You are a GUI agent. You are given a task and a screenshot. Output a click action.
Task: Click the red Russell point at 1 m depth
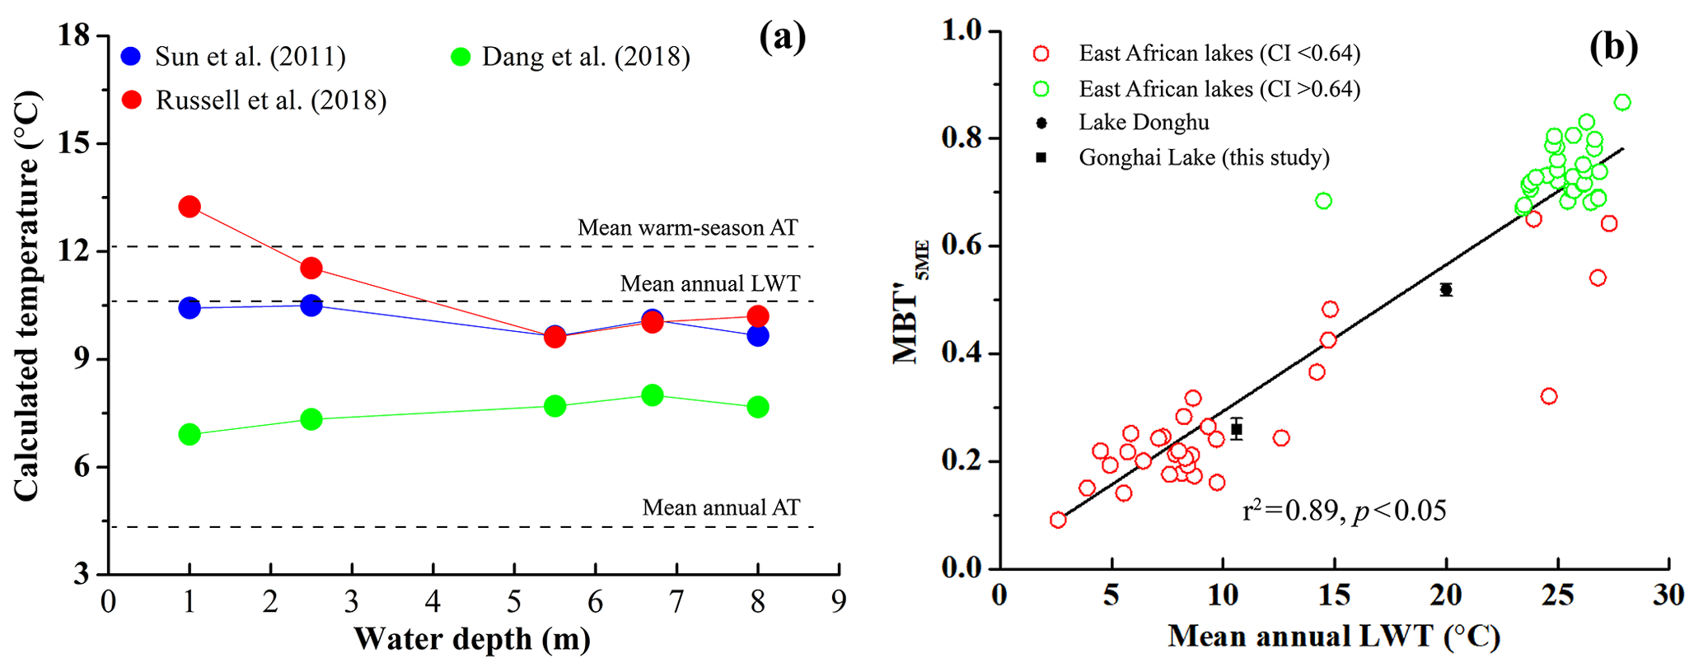pyautogui.click(x=189, y=207)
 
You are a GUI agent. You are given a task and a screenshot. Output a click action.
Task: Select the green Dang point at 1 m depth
pyautogui.click(x=189, y=434)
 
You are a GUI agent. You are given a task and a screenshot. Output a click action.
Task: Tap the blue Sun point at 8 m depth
pyautogui.click(x=758, y=336)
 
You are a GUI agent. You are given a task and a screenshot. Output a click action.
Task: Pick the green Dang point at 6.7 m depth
pyautogui.click(x=653, y=395)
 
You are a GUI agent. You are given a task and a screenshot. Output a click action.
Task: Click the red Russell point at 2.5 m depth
pyautogui.click(x=311, y=268)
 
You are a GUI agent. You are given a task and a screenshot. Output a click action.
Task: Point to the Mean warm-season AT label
pyautogui.click(x=687, y=227)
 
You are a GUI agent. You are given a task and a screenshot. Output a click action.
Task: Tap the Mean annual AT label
pyautogui.click(x=721, y=507)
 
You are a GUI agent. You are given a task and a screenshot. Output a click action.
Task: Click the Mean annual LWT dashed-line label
pyautogui.click(x=709, y=284)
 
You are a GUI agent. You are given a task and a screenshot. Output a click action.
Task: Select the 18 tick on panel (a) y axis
pyautogui.click(x=74, y=35)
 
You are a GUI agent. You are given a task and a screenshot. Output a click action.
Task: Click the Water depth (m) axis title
pyautogui.click(x=472, y=639)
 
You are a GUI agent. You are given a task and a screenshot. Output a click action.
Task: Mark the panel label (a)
pyautogui.click(x=782, y=37)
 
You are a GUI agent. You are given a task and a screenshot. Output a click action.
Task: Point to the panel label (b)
pyautogui.click(x=1613, y=48)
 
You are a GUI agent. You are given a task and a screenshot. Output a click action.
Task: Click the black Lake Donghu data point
pyautogui.click(x=1446, y=290)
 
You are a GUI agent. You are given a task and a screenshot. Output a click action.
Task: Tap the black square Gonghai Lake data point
pyautogui.click(x=1237, y=429)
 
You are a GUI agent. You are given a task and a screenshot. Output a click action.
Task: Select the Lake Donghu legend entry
pyautogui.click(x=1144, y=123)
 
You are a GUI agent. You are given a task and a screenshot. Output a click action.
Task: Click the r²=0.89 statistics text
pyautogui.click(x=1344, y=511)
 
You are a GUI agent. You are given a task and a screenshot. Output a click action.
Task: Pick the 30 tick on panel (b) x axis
pyautogui.click(x=1668, y=595)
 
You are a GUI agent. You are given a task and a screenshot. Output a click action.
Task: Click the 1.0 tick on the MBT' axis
pyautogui.click(x=962, y=30)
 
